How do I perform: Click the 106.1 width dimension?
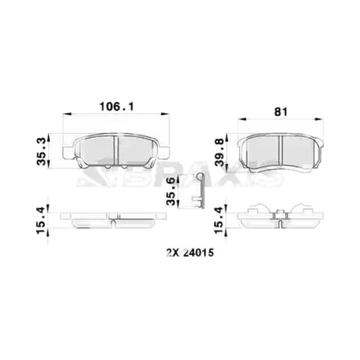[117, 107]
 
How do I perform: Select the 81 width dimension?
[280, 112]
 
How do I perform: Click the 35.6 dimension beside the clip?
[172, 191]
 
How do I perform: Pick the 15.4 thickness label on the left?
[42, 220]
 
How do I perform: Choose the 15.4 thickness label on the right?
[220, 220]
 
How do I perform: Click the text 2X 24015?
[190, 253]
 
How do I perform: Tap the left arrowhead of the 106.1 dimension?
[67, 113]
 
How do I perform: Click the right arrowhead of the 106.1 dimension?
[165, 113]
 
